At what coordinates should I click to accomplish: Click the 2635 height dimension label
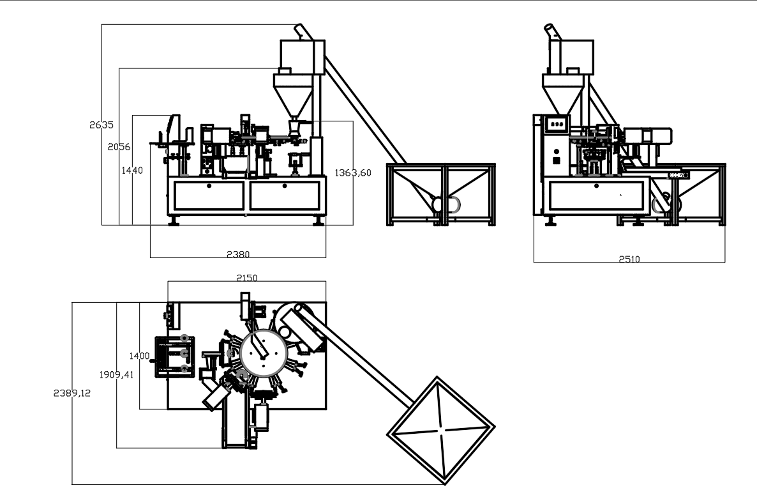(x=101, y=125)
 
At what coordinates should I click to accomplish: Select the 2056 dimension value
(x=119, y=147)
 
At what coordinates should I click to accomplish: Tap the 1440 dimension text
(x=132, y=171)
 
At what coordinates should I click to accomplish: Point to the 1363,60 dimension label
(x=352, y=173)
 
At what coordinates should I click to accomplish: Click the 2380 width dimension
(x=238, y=254)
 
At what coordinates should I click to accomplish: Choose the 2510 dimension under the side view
(x=629, y=259)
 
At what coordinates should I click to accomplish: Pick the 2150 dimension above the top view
(x=247, y=278)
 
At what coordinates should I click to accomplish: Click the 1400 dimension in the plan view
(x=139, y=356)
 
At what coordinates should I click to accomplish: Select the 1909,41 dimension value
(x=116, y=375)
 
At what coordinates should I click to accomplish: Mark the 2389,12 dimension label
(x=71, y=394)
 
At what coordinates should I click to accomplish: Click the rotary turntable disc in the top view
(x=262, y=353)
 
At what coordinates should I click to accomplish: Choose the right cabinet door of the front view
(x=285, y=195)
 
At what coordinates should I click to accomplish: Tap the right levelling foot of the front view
(x=317, y=222)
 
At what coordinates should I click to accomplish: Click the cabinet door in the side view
(x=596, y=196)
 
